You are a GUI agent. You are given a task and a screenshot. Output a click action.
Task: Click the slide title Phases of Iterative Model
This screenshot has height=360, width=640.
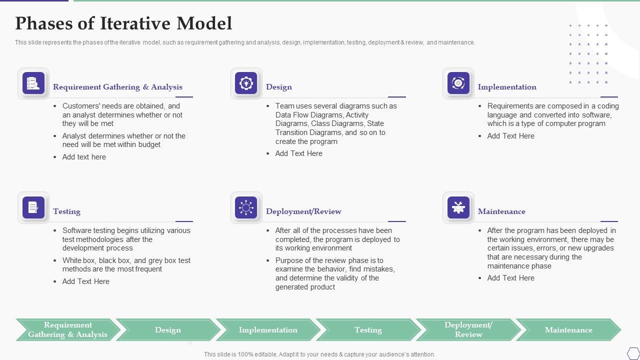(x=123, y=23)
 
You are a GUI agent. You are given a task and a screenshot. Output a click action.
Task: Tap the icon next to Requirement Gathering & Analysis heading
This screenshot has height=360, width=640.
(x=33, y=83)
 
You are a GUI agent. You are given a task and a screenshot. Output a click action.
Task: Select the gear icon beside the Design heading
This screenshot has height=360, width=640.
(x=246, y=83)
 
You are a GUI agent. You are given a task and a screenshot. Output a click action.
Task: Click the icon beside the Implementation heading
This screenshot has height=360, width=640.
(x=458, y=83)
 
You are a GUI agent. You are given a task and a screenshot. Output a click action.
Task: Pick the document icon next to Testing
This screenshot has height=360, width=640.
(x=33, y=207)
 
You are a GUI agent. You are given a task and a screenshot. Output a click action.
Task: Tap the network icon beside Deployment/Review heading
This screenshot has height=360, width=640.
(x=246, y=207)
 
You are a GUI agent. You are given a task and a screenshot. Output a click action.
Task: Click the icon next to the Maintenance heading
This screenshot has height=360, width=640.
(x=458, y=207)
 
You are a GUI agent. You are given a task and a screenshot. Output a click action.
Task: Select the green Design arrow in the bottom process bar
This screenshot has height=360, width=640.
(x=168, y=330)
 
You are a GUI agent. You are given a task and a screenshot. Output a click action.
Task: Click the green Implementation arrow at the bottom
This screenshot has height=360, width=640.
(x=268, y=330)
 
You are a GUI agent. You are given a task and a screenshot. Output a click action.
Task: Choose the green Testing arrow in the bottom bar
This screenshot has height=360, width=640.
(x=368, y=330)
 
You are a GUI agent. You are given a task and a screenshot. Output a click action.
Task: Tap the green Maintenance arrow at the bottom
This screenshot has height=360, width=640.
(x=568, y=330)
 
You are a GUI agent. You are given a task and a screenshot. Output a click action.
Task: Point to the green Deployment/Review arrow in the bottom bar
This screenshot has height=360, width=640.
(x=468, y=330)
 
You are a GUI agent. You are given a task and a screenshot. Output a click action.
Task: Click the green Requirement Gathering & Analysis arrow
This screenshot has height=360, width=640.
(x=67, y=330)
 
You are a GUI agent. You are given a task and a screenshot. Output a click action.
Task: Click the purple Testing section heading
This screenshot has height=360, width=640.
(x=66, y=211)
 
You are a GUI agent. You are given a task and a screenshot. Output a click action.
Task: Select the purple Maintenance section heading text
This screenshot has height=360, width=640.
(x=501, y=211)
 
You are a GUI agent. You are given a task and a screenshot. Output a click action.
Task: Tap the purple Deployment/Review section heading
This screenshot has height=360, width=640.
(x=303, y=211)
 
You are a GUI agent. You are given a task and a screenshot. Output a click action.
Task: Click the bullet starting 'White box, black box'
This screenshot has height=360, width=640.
(x=126, y=265)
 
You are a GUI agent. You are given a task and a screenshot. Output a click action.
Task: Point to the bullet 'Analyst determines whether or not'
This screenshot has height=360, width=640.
(x=123, y=140)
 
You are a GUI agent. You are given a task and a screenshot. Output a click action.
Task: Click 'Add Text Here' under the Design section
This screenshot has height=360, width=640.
(x=298, y=153)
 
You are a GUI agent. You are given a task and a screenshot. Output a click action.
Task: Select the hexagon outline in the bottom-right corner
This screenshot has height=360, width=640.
(x=633, y=353)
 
